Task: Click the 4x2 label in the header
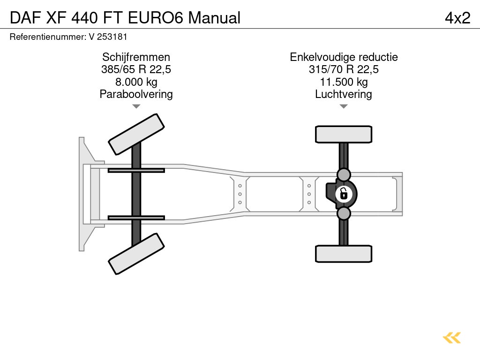pyautogui.click(x=457, y=18)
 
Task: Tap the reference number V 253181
pyautogui.click(x=108, y=37)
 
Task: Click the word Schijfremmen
pyautogui.click(x=136, y=57)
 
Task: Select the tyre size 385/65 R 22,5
pyautogui.click(x=136, y=69)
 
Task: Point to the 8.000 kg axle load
pyautogui.click(x=136, y=82)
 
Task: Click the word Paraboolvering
pyautogui.click(x=136, y=94)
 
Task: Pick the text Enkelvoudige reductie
pyautogui.click(x=344, y=57)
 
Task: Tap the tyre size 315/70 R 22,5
pyautogui.click(x=344, y=69)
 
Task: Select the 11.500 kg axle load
pyautogui.click(x=344, y=82)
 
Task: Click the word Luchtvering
pyautogui.click(x=344, y=94)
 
